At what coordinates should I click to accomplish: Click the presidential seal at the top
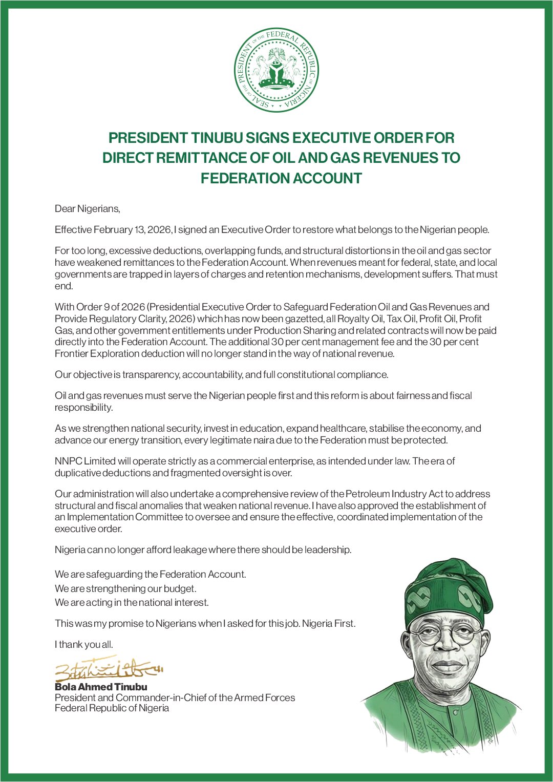276,70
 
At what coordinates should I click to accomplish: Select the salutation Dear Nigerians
88,208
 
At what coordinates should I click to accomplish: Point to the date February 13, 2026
132,229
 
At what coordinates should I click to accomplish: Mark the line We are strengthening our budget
125,588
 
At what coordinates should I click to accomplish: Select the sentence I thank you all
84,644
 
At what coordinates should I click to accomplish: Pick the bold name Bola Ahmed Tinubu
101,687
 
